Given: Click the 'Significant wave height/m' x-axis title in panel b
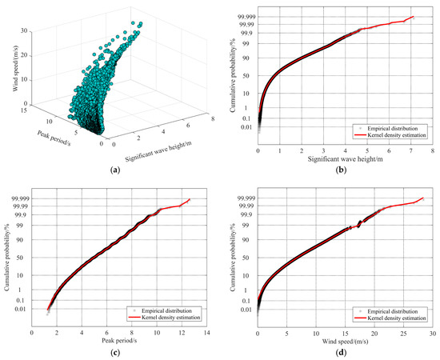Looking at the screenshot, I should [344, 158].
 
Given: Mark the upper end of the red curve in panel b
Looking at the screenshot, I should [414, 16].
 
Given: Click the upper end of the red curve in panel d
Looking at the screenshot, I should [422, 197].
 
